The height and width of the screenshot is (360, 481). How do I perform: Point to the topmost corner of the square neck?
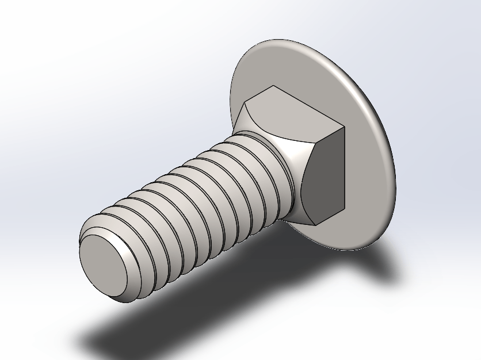(x=273, y=86)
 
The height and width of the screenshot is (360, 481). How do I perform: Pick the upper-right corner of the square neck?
(x=344, y=127)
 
